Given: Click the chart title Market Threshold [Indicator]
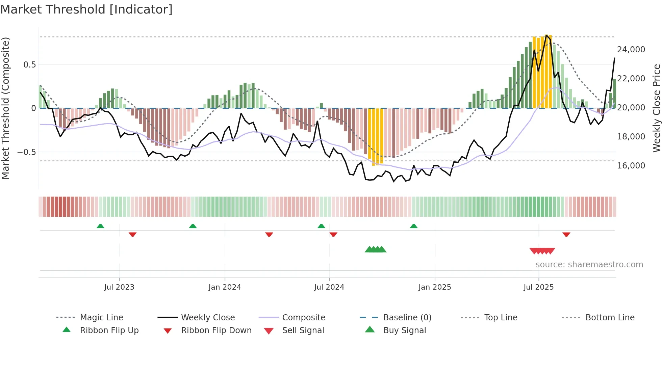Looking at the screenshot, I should [86, 9].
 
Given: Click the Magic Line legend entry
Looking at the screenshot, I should [101, 318].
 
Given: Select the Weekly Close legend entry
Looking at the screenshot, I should [208, 318].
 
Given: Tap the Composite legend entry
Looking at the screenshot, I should [303, 318].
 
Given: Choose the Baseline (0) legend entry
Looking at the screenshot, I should [407, 318].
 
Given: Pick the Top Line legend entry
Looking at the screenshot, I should [501, 318].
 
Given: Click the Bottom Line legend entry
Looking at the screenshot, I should [610, 318].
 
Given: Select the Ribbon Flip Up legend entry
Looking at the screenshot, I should [109, 330].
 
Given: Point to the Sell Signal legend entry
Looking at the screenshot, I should [303, 330].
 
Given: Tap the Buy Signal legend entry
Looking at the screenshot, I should [404, 330].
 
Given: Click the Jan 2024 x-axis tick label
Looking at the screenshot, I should [225, 287].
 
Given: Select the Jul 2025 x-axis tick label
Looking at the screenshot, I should [538, 287].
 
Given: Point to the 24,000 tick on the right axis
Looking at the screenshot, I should [631, 50].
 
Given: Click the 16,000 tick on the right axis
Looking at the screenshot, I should [631, 166].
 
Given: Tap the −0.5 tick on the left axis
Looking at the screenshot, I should [26, 152].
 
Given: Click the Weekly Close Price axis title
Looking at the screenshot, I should [656, 108].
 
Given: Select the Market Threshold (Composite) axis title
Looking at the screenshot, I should [5, 108].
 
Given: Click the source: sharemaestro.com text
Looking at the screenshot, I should [589, 265].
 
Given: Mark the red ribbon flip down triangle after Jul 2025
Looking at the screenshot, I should [566, 234].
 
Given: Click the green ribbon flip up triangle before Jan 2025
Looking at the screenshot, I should [413, 226].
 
